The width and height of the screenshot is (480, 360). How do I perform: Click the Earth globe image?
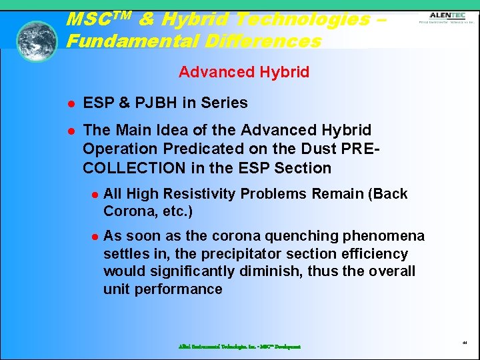point(37,41)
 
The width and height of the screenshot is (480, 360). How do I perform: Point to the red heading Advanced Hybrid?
point(244,72)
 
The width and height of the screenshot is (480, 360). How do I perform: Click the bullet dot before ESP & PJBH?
point(69,103)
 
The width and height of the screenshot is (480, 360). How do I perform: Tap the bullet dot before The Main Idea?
point(69,131)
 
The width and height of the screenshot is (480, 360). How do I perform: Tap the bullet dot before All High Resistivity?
point(95,195)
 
